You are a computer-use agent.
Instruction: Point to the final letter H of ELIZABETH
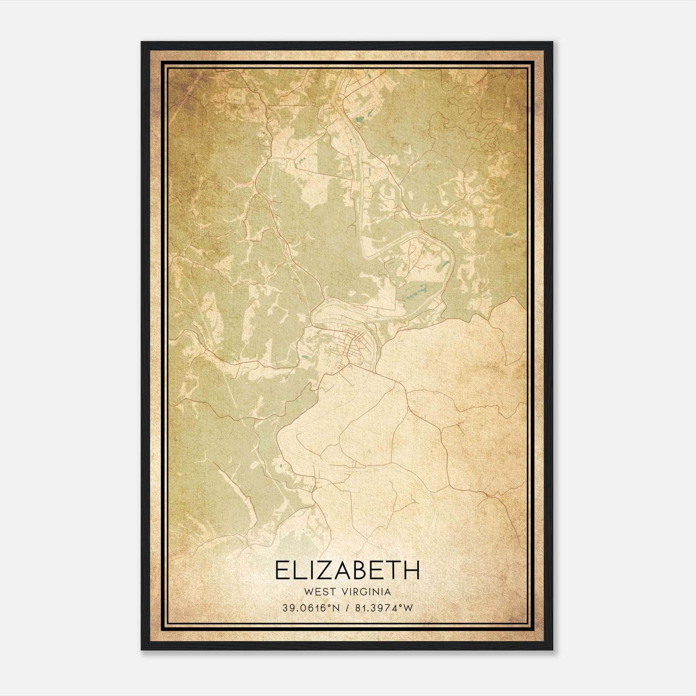(x=412, y=570)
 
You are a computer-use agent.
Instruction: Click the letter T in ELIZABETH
(x=393, y=570)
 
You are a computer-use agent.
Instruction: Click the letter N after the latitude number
(x=336, y=608)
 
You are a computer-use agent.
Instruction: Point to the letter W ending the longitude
(x=408, y=608)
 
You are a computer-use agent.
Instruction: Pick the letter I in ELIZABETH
(x=309, y=570)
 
